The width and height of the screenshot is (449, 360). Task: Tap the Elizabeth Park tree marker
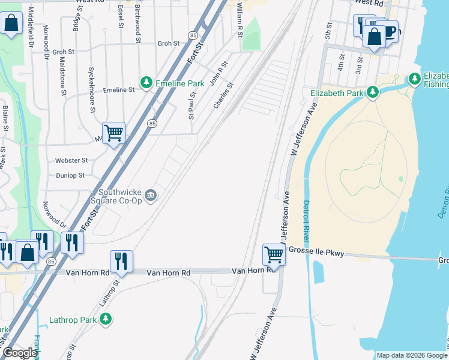pyautogui.click(x=373, y=92)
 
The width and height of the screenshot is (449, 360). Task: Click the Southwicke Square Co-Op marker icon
pyautogui.click(x=151, y=194)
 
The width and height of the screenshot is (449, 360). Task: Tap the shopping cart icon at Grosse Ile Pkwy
pyautogui.click(x=274, y=254)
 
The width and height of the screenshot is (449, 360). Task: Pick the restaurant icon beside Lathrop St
pyautogui.click(x=121, y=261)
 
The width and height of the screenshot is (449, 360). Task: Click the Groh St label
pyautogui.click(x=168, y=44)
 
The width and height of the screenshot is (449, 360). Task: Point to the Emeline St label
pyautogui.click(x=119, y=90)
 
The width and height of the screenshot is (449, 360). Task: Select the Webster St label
pyautogui.click(x=71, y=161)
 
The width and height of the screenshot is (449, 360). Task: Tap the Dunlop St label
pyautogui.click(x=70, y=175)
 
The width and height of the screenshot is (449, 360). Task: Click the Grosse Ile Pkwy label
pyautogui.click(x=316, y=253)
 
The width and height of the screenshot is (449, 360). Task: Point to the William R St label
pyautogui.click(x=239, y=19)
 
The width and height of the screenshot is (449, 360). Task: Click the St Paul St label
pyautogui.click(x=193, y=105)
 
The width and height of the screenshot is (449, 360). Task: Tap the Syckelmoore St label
pyautogui.click(x=92, y=89)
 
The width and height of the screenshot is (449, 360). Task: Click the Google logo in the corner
pyautogui.click(x=20, y=353)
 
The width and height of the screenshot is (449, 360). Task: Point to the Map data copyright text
pyautogui.click(x=411, y=355)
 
